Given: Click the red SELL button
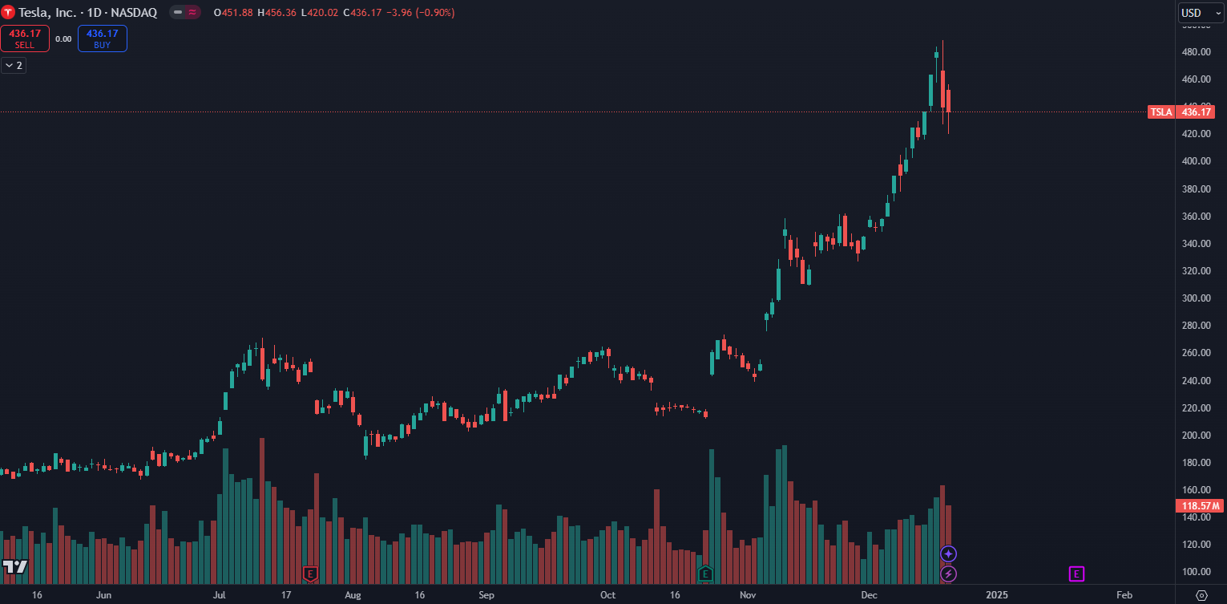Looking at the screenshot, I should point(25,39).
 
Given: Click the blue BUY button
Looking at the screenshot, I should point(103,39).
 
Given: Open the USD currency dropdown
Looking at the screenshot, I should point(1200,13).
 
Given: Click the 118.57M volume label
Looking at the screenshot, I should point(1199,505).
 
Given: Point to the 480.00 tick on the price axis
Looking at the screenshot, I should point(1197,52).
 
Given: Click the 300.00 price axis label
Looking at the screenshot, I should point(1197,298).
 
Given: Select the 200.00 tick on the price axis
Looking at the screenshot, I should point(1197,436).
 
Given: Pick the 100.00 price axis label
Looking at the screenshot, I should point(1197,572).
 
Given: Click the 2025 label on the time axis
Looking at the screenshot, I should point(997,595).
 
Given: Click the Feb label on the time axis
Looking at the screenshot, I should point(1124,595).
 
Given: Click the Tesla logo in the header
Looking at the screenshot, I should point(8,13).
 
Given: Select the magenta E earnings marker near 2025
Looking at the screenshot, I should point(1076,574).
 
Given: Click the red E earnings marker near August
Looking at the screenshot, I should point(311,574).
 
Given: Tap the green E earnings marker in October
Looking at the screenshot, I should point(705,574).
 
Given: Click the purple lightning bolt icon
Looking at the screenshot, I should point(949,574).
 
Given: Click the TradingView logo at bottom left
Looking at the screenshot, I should point(14,566).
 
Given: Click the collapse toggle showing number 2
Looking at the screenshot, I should point(14,66).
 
